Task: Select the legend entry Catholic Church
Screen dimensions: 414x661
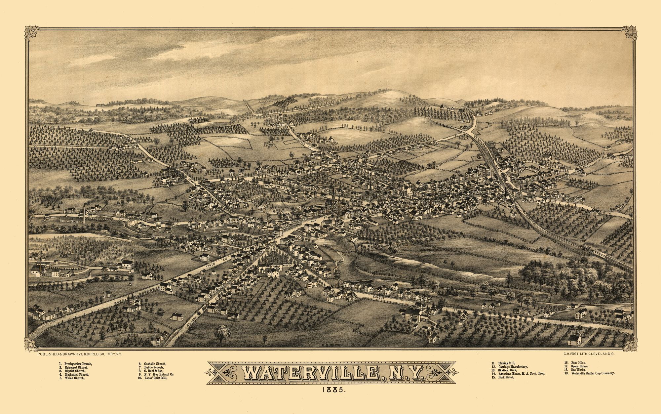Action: [155, 364]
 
